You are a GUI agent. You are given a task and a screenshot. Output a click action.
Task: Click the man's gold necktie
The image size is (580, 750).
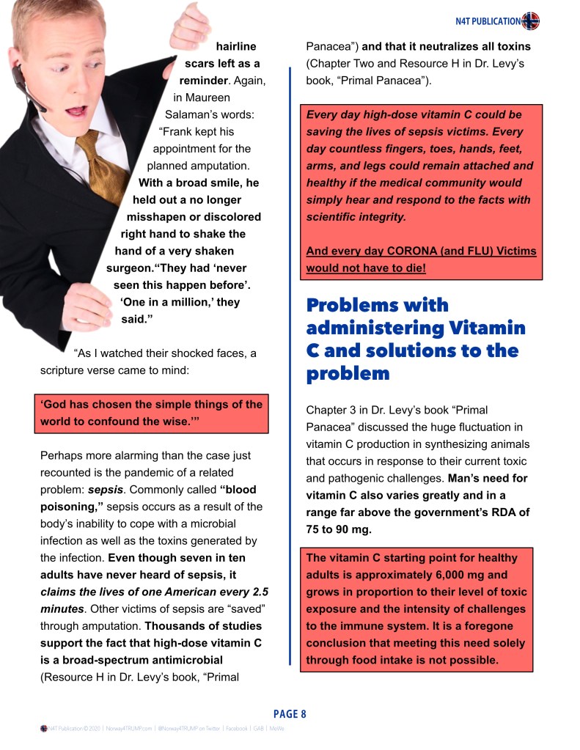103,161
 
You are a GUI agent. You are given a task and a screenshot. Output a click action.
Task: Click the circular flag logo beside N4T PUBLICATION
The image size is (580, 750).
530,21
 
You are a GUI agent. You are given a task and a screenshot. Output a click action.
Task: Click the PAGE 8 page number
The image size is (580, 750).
290,713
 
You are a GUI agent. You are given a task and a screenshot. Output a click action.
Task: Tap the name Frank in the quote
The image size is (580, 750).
178,132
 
